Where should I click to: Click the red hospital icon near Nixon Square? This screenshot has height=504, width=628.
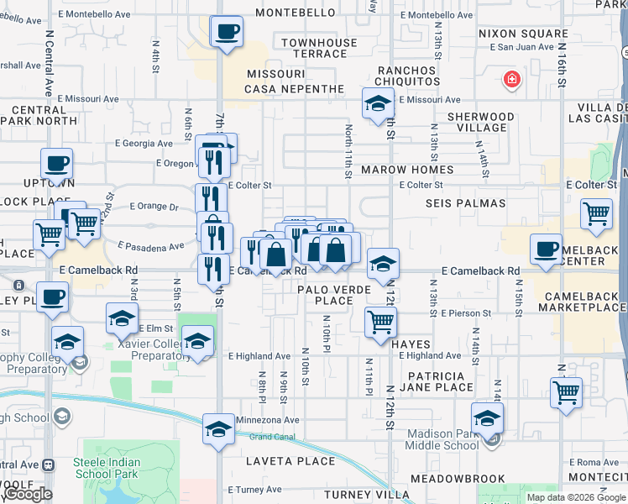click(509, 81)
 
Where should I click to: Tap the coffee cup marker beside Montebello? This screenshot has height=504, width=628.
click(226, 32)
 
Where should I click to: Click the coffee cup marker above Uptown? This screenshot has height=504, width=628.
click(56, 163)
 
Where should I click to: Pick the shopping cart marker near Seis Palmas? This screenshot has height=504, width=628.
click(596, 213)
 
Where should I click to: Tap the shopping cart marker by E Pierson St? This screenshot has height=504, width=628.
click(381, 320)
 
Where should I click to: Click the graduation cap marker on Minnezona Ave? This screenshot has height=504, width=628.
click(218, 428)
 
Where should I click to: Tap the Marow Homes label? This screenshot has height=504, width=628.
click(407, 170)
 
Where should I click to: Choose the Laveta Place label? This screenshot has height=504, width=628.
click(290, 461)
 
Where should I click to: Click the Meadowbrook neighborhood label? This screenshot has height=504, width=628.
click(458, 479)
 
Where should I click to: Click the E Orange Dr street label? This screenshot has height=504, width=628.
click(154, 207)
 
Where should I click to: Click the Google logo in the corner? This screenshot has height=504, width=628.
click(28, 494)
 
